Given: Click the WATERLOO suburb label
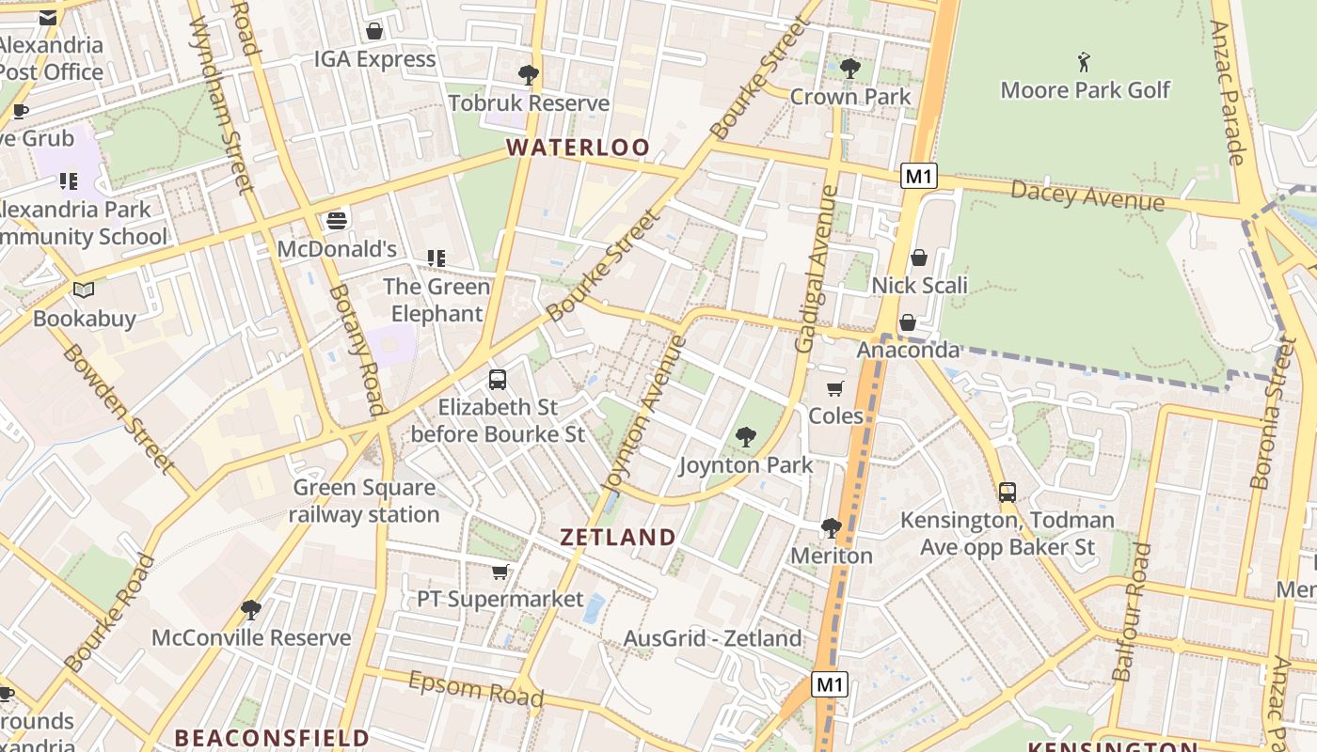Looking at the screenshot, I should tap(578, 148).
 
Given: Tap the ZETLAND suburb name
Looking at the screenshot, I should tap(618, 538).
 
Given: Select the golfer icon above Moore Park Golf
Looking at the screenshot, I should tap(1085, 63).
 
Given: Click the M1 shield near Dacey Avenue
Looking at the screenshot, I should tap(919, 176).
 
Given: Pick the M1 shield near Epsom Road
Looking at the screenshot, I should tap(829, 684).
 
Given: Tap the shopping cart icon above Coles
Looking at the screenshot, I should tap(834, 388).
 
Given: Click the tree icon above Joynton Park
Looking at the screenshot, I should tap(746, 437).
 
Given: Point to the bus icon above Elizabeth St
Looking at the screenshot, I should tap(498, 380).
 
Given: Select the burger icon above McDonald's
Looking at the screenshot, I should tap(337, 222).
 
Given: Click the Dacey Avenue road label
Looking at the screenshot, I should tap(1087, 196).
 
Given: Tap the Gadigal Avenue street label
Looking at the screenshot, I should tap(816, 269).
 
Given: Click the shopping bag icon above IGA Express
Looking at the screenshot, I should tap(374, 31).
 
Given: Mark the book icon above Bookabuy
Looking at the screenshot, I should tap(84, 290).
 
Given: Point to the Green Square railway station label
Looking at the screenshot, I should tap(364, 501).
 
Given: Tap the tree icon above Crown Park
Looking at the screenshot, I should tap(850, 69).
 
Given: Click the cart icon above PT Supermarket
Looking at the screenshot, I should tap(500, 572).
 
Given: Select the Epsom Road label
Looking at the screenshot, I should tap(476, 689).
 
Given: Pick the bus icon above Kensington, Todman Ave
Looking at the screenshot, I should tap(1008, 492).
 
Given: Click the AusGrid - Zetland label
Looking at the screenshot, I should tap(713, 639).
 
